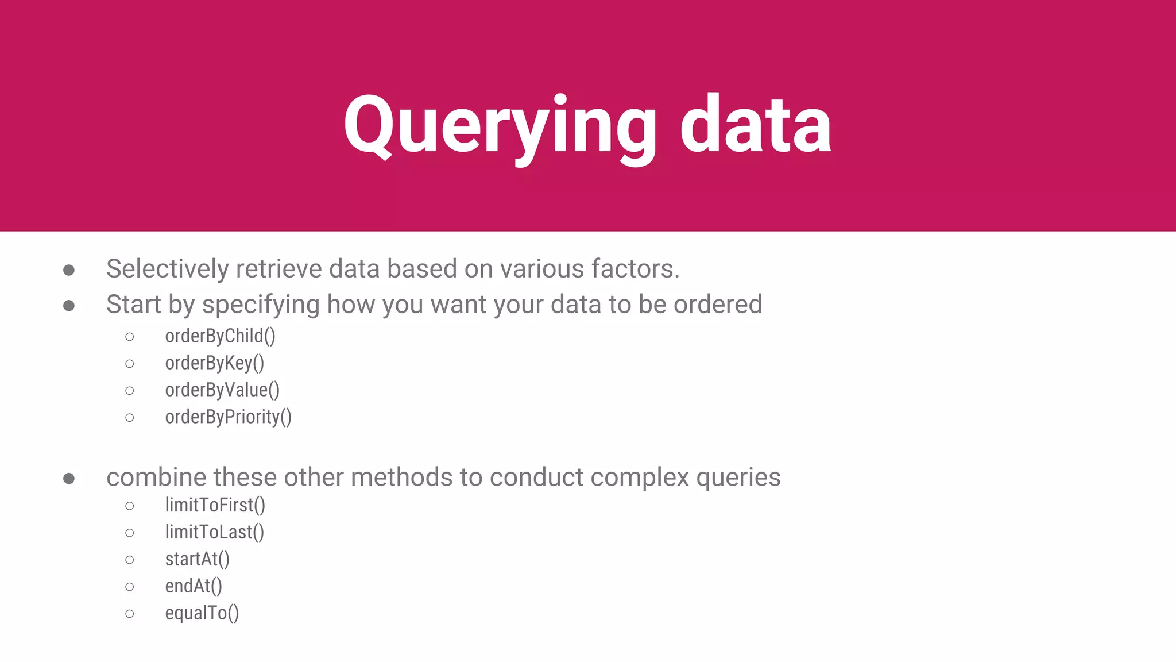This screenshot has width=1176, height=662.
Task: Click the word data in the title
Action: point(756,125)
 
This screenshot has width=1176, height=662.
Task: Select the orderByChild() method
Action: point(220,336)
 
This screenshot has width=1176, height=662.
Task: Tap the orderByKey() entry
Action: point(214,363)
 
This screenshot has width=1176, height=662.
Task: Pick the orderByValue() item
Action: point(222,390)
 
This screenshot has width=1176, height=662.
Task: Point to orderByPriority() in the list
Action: point(228,417)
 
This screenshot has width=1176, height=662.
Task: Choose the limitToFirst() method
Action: point(215,505)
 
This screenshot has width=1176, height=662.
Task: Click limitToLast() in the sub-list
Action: point(214,532)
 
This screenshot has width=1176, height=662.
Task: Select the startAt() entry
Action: point(197,559)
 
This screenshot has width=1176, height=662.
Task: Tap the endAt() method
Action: point(193,586)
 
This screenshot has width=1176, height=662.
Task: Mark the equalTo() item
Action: point(202,613)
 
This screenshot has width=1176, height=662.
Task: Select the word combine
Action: point(156,478)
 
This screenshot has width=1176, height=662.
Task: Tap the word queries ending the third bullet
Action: point(738,478)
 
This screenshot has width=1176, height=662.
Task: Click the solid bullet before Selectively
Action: point(69,270)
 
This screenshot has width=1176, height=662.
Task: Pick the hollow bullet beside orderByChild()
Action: point(130,337)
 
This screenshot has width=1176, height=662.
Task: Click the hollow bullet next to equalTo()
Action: point(130,614)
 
